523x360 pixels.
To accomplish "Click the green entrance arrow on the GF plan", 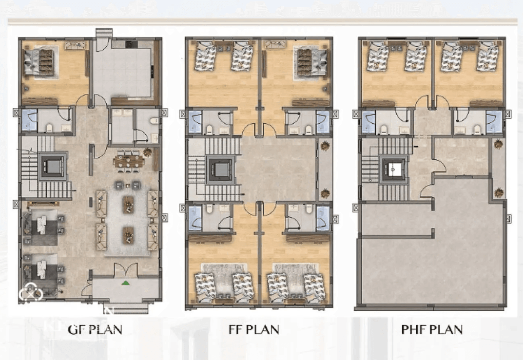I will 126,283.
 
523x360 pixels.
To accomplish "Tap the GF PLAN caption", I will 95,329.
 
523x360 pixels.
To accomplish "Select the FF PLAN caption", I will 253,329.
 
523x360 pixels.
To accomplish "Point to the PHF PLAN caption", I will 432,329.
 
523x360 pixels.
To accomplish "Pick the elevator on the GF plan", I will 52,166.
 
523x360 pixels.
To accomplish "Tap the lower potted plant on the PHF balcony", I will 498,193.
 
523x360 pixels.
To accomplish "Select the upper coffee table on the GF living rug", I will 128,204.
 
